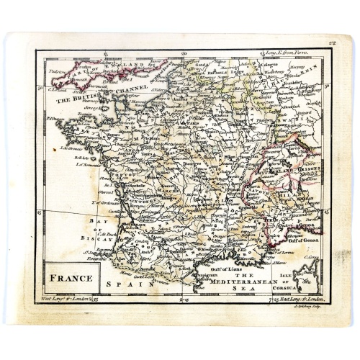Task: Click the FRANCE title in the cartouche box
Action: click(75, 277)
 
